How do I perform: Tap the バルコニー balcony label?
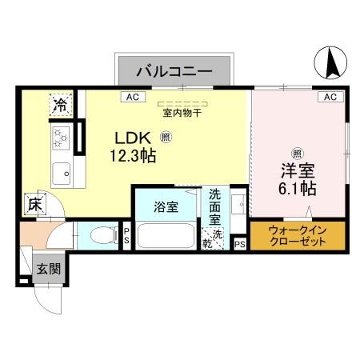[x=174, y=71]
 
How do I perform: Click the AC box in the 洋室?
[x=330, y=97]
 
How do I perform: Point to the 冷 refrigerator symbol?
[x=61, y=103]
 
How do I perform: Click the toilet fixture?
[x=99, y=235]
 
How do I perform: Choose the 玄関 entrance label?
[x=47, y=268]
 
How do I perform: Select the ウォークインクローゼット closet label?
[x=297, y=234]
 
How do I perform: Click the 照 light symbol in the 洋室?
[x=296, y=154]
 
